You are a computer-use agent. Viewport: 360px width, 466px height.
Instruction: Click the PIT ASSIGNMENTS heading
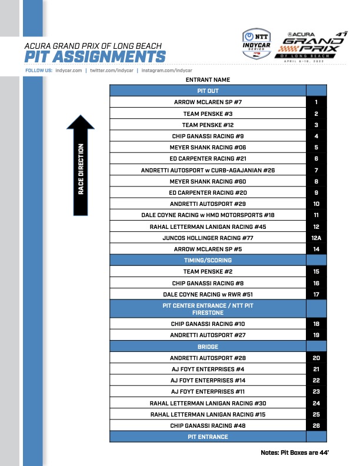(x=95, y=56)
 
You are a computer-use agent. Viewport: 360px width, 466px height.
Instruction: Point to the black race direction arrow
(x=81, y=164)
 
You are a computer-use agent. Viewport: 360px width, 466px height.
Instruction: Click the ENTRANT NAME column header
(x=208, y=79)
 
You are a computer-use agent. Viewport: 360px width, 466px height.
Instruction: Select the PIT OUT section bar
(x=208, y=91)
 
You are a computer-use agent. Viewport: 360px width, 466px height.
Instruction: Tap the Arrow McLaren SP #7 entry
(x=208, y=102)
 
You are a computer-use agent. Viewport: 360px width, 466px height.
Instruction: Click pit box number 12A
(x=316, y=238)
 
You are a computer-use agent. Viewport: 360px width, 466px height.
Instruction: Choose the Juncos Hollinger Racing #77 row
(x=208, y=238)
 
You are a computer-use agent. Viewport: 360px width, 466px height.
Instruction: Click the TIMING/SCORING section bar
(x=208, y=260)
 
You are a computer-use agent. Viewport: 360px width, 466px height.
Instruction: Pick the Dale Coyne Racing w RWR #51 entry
(x=208, y=294)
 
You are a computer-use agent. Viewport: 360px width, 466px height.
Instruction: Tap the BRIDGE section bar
(x=208, y=347)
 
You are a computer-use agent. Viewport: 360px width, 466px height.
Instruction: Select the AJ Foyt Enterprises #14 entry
(x=208, y=380)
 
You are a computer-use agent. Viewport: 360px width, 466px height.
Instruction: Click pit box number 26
(x=316, y=425)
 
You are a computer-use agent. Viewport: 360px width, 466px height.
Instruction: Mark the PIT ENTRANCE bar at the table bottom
(x=208, y=437)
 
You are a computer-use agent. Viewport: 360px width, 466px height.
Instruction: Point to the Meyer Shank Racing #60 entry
(x=208, y=181)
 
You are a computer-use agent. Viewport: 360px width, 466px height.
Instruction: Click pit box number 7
(x=316, y=170)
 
